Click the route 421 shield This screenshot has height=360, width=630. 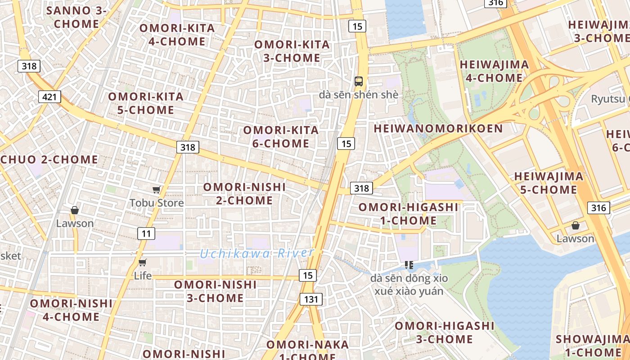tap(49, 96)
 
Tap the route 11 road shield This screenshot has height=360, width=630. tap(146, 233)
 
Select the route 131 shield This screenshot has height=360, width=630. tap(311, 299)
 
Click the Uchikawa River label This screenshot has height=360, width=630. tap(256, 253)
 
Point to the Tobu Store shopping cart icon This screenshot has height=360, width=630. tap(156, 190)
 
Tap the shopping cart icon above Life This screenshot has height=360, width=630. tap(143, 262)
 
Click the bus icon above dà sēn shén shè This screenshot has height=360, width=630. tap(359, 81)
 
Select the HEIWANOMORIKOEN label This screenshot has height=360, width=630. tap(438, 129)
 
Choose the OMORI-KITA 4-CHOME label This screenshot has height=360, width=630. tap(177, 35)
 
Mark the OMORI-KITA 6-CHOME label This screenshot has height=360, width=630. tap(281, 137)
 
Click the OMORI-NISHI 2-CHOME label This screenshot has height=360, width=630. tap(244, 193)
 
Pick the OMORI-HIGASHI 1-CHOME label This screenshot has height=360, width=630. tap(408, 214)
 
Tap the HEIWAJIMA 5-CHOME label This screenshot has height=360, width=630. tap(549, 183)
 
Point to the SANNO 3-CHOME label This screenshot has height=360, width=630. tap(76, 17)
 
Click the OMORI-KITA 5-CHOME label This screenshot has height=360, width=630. tap(145, 103)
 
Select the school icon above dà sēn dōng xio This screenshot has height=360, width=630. tap(409, 265)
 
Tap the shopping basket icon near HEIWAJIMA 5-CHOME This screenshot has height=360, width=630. tap(575, 225)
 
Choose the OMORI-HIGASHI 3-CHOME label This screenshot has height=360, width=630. tap(445, 332)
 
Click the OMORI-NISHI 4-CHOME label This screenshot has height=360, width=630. tap(71, 310)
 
